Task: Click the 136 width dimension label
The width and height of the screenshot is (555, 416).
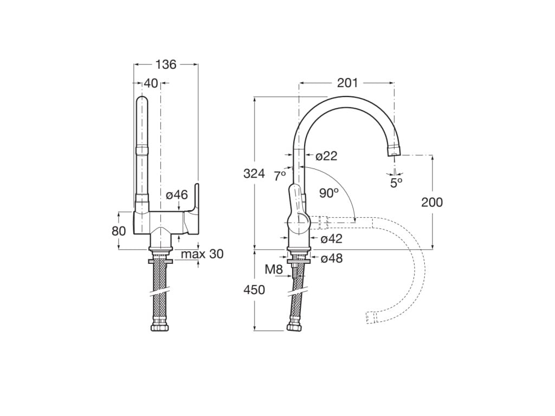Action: [x=166, y=64]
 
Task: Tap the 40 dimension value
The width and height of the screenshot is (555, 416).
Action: [x=151, y=83]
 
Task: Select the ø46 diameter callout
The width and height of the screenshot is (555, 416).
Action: [x=177, y=194]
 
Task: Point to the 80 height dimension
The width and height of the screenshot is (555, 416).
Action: [x=119, y=231]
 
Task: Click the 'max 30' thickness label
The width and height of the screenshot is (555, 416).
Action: [x=202, y=254]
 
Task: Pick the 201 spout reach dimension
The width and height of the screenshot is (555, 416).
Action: [x=347, y=83]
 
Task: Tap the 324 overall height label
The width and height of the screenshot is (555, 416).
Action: [x=254, y=174]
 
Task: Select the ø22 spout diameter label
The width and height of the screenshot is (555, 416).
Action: [x=326, y=156]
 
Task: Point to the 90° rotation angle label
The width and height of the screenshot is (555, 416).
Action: [x=328, y=193]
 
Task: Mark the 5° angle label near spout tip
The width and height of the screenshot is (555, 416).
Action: [x=397, y=183]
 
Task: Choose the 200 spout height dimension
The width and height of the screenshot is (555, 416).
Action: [x=432, y=203]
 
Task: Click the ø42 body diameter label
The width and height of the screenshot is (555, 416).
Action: [x=332, y=239]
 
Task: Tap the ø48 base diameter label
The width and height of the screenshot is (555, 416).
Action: [x=332, y=259]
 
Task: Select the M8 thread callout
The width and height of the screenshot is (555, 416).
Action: [x=273, y=269]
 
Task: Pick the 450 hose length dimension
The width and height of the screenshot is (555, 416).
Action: [x=254, y=290]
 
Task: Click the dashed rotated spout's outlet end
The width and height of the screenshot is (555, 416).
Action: [x=371, y=317]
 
